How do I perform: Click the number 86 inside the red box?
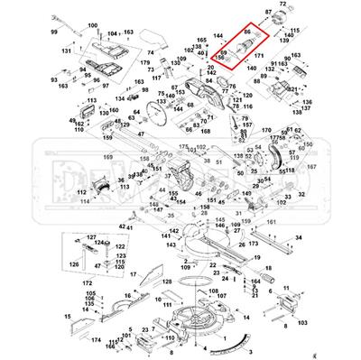tap(247, 33)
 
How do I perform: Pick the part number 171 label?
tap(258, 56)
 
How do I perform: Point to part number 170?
tap(266, 131)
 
